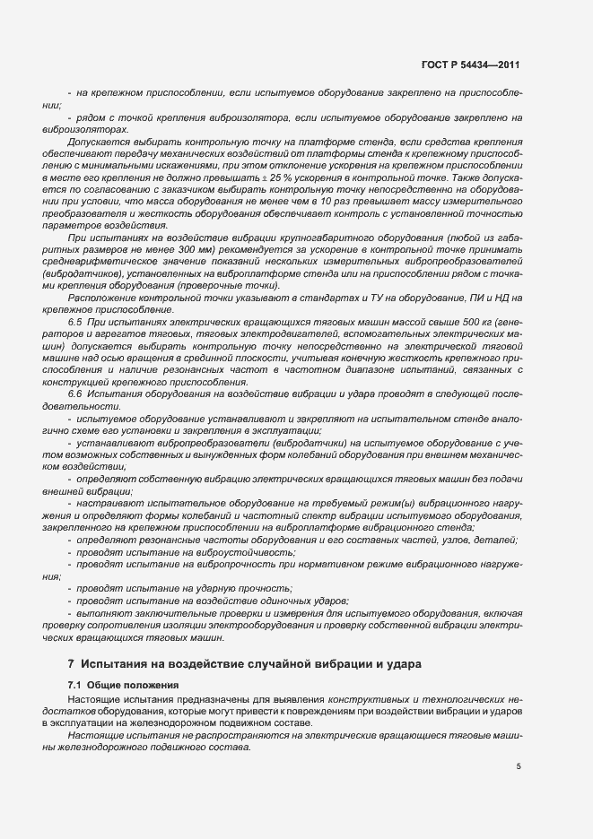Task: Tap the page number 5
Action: [519, 766]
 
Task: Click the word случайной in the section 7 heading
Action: [271, 664]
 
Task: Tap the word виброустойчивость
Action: [219, 554]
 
